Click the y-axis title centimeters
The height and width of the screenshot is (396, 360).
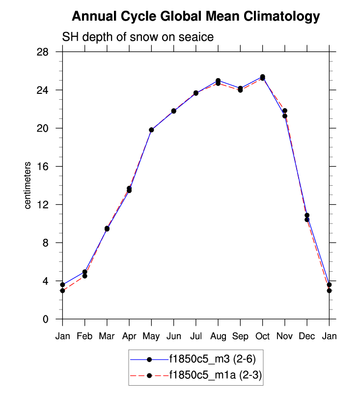pos(28,185)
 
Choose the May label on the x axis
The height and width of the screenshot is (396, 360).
pos(151,337)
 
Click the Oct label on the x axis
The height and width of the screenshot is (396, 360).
pos(262,337)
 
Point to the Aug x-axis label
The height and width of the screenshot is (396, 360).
pos(218,337)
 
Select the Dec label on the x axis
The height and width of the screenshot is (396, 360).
pos(307,337)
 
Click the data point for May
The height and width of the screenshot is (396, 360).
pos(151,130)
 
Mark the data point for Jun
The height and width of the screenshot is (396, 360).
pos(173,111)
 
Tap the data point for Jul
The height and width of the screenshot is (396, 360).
pos(196,93)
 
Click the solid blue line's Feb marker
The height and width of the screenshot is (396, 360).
pos(85,272)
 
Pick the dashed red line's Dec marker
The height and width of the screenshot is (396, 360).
pos(307,220)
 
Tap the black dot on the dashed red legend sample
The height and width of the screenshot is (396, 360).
pos(149,376)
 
